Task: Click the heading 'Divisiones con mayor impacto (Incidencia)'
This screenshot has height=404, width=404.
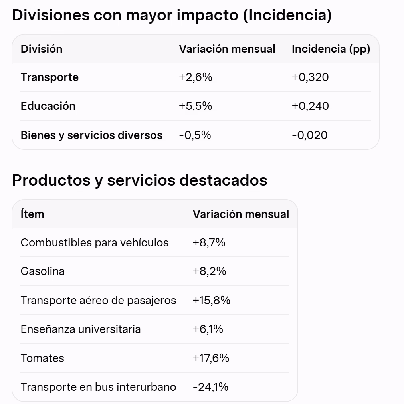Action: coord(172,15)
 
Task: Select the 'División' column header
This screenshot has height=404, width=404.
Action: coord(42,49)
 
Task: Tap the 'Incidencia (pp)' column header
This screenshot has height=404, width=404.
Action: coord(331,49)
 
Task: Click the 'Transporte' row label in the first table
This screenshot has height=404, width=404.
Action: coord(50,77)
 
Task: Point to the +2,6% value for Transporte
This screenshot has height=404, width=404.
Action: coord(196,77)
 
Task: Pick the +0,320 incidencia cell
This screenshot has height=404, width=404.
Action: coord(310,77)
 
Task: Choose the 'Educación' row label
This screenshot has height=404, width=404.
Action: coord(48,106)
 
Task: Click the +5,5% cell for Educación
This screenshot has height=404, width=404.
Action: coord(196,106)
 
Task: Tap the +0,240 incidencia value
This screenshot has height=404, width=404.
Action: coord(310,106)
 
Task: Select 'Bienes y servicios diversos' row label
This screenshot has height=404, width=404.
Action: coord(91,135)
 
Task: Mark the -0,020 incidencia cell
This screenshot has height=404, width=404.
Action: coord(310,135)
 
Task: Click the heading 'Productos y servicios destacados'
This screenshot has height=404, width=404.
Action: coord(140,180)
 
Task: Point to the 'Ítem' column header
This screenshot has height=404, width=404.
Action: coord(32,214)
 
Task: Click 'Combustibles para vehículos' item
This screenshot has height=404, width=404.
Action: coord(95,243)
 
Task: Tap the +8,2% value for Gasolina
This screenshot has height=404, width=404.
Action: coord(209,271)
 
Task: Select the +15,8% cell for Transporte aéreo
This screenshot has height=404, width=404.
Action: coord(211,301)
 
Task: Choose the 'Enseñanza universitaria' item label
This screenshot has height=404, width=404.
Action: coord(81,329)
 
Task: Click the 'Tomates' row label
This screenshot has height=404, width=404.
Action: coord(42,358)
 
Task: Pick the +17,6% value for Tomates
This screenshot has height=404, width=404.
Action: coord(211,358)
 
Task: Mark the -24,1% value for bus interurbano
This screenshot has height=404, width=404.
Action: coord(210,387)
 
